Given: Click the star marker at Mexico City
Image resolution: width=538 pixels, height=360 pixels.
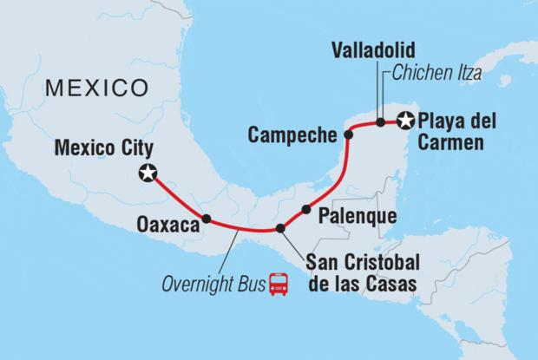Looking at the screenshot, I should click(148, 173).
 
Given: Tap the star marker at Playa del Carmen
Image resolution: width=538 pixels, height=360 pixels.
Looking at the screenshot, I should click(403, 121).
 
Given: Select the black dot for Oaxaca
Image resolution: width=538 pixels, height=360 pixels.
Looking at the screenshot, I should click(206, 219).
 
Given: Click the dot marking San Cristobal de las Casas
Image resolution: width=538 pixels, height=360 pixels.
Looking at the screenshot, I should click(279, 229).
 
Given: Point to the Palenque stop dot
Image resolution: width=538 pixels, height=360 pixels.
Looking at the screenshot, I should click(305, 209).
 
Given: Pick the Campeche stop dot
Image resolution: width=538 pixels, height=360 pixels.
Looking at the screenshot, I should click(348, 134).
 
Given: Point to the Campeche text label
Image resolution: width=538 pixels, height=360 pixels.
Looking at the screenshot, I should click(292, 134).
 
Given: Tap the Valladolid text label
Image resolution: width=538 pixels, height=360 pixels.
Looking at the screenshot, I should click(372, 50).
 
